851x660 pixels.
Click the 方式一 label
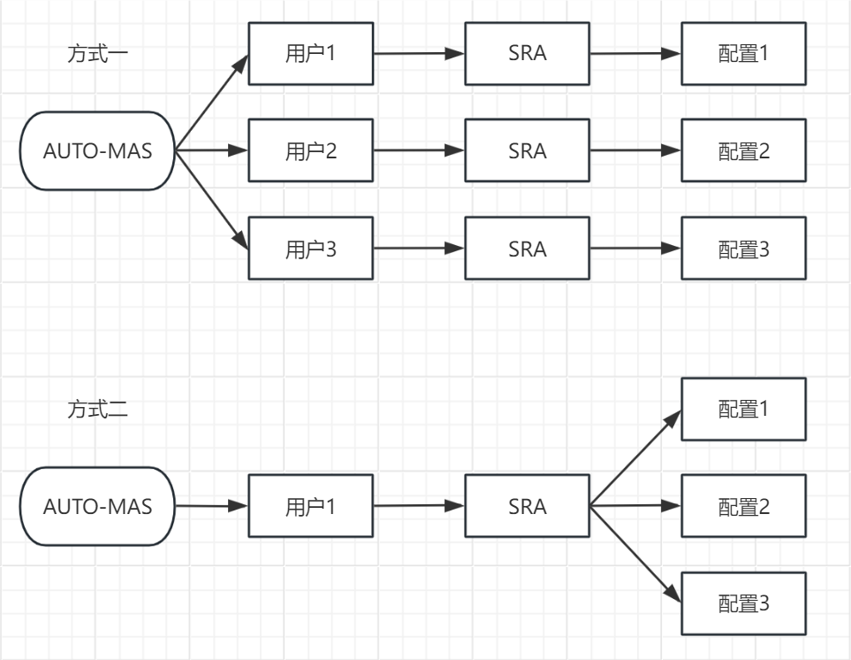(x=98, y=54)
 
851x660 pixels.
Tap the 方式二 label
(x=98, y=409)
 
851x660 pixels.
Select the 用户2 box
(x=310, y=150)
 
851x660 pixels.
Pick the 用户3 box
(x=310, y=249)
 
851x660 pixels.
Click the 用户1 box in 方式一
(x=310, y=54)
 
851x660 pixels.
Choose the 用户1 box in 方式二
(x=310, y=506)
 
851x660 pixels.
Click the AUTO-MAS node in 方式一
(x=98, y=151)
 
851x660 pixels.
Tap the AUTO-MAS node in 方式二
(x=98, y=506)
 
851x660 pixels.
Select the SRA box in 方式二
(x=527, y=506)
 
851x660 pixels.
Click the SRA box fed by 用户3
(x=527, y=249)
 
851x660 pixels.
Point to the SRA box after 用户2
(x=527, y=150)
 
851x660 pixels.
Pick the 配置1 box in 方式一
(x=743, y=54)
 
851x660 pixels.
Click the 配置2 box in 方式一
(x=743, y=150)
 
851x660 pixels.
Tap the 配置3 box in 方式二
(x=743, y=603)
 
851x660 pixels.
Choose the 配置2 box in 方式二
(x=743, y=506)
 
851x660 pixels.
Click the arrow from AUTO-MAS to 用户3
(x=212, y=199)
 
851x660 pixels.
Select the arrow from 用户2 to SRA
(x=419, y=150)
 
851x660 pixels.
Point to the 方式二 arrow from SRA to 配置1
(x=635, y=458)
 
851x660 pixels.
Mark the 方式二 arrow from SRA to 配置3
(x=635, y=555)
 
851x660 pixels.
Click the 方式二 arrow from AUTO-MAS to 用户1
(x=212, y=506)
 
